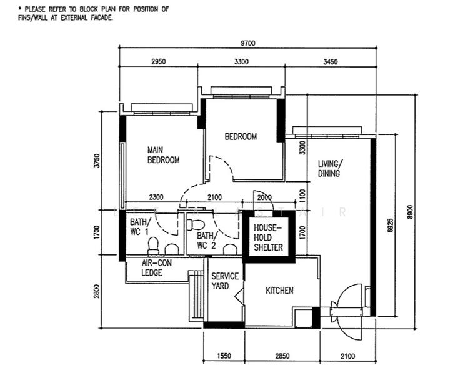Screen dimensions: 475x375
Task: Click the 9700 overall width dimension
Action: click(x=247, y=43)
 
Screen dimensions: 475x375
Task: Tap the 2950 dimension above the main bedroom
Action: click(x=158, y=62)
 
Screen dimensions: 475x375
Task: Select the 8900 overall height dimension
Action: click(x=410, y=212)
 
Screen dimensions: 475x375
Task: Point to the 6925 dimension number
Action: click(x=391, y=226)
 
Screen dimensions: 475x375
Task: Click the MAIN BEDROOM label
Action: click(x=163, y=155)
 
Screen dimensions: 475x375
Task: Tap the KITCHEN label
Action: click(x=279, y=291)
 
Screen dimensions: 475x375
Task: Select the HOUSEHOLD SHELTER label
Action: click(x=268, y=237)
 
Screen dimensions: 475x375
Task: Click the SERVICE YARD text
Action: click(x=225, y=281)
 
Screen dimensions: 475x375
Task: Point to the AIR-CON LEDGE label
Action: click(x=156, y=267)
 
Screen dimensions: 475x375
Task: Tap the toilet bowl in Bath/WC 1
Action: click(x=153, y=246)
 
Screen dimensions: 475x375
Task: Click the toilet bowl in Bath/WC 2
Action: click(x=196, y=224)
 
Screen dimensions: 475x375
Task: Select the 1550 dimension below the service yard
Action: click(x=224, y=356)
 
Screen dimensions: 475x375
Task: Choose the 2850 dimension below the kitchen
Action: click(x=282, y=356)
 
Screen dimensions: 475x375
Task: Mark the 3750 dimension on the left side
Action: click(x=96, y=161)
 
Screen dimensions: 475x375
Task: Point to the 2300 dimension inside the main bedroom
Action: click(x=156, y=197)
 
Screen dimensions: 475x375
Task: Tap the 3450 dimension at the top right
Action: click(x=330, y=62)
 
